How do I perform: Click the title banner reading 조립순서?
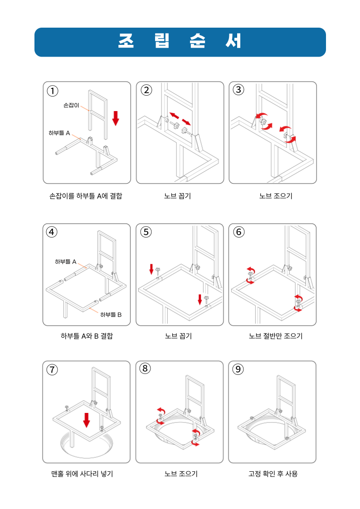180,42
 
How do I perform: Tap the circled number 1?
53,91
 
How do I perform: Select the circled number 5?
146,232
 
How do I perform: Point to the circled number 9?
238,369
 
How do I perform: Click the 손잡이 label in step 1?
71,105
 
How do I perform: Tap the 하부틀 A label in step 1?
59,133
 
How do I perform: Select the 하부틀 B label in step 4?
111,315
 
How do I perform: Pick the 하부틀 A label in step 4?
66,262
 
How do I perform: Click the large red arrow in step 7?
86,420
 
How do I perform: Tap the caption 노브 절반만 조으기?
276,336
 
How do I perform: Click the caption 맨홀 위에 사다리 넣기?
82,474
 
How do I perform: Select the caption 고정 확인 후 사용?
273,474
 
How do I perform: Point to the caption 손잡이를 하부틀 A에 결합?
86,196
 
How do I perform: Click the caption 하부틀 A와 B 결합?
87,336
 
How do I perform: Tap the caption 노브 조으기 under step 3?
276,196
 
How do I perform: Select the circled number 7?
52,370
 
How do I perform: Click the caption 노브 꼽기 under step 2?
178,196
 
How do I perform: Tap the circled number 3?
238,90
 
